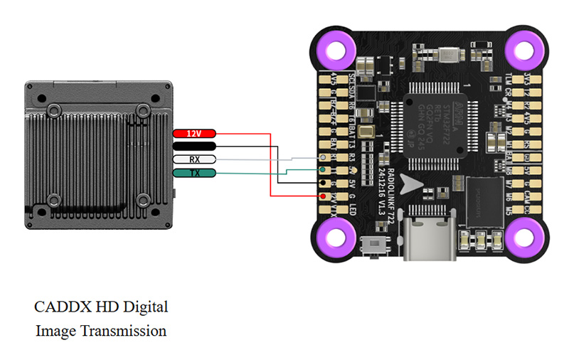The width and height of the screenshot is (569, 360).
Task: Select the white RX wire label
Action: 193,159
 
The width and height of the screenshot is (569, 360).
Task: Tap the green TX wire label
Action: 193,173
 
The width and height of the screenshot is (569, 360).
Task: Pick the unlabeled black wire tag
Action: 193,147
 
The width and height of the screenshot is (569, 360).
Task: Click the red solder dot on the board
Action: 324,196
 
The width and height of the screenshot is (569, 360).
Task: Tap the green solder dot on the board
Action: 324,170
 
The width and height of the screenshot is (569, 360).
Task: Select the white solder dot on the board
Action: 324,157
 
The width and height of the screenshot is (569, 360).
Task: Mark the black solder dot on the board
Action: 324,183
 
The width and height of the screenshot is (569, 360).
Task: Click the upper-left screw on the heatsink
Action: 53,110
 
